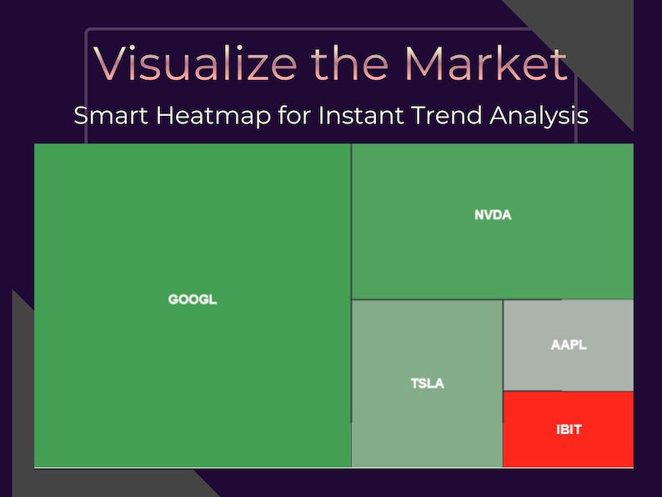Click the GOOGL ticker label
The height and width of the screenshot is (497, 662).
193,299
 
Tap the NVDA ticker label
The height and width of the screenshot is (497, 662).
493,215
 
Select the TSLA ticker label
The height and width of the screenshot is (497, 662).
428,384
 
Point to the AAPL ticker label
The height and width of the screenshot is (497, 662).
569,344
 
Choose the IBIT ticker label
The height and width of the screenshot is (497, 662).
569,430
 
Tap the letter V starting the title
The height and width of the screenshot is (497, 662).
111,63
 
